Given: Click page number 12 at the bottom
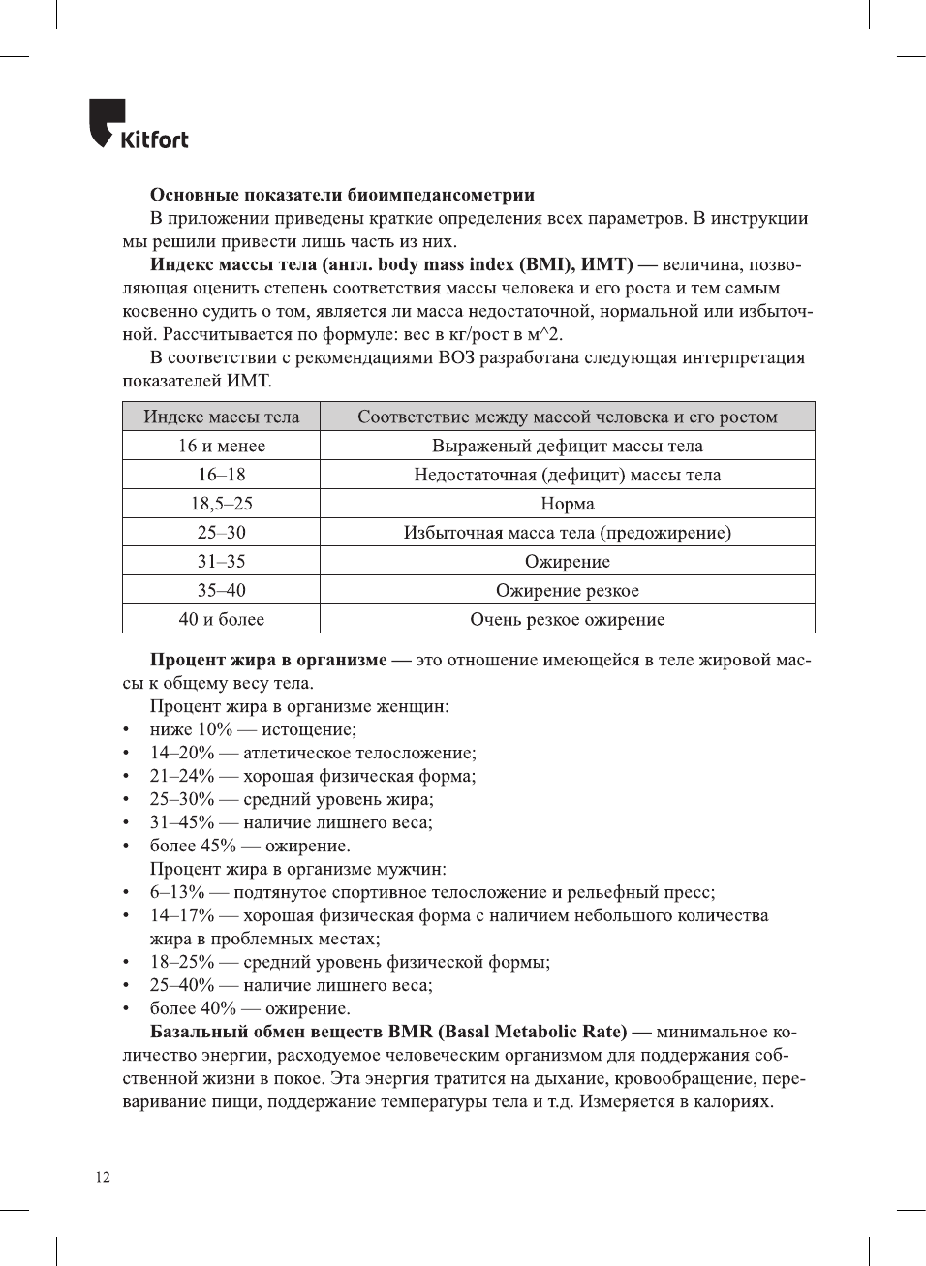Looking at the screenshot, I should [103, 1177].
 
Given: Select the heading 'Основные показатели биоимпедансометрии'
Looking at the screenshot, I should [342, 195].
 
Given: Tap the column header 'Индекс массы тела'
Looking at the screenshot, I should [222, 417].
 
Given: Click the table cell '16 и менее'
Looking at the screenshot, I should [222, 446].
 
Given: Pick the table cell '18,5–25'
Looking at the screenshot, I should [222, 504].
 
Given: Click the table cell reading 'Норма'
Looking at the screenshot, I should [568, 504].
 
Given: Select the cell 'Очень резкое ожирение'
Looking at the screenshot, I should [568, 620].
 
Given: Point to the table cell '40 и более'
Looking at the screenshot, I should [222, 620].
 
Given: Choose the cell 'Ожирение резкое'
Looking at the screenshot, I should [568, 591].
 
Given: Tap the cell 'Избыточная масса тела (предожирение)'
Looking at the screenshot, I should [568, 533].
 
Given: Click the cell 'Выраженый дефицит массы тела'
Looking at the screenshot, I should [568, 446].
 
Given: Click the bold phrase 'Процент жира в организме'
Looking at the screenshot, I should [268, 660].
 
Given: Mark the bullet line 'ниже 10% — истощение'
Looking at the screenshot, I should [253, 729].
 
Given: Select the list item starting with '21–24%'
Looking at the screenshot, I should [312, 776].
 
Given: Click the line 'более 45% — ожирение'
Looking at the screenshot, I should [250, 846].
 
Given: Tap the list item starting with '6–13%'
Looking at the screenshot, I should [432, 892].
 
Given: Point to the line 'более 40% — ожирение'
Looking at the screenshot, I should [250, 1008].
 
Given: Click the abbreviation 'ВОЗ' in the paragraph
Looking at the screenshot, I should [456, 357].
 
